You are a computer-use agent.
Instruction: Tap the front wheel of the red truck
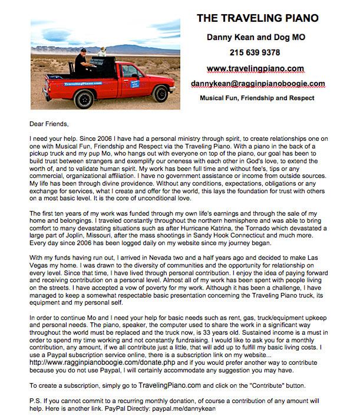160,93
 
